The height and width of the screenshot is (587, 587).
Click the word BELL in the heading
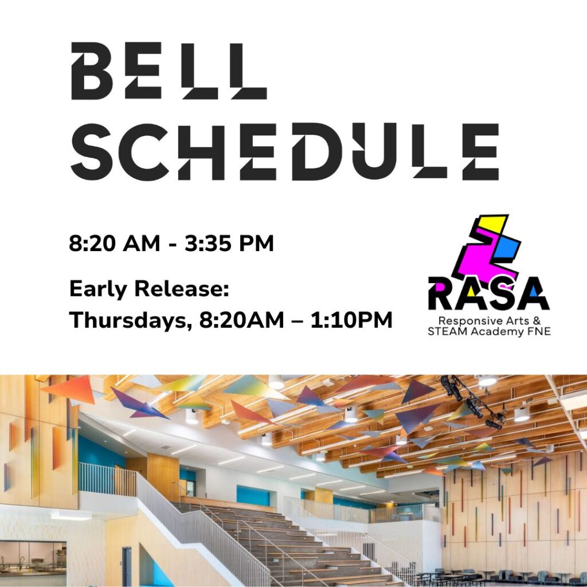pos(169,71)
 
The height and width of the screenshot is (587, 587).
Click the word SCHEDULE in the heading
pos(285,152)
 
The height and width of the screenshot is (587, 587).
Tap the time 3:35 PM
pos(229,243)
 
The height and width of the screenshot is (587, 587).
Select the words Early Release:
pos(149,289)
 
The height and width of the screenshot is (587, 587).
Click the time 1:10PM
pos(351,320)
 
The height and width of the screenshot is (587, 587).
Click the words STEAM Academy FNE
pos(489,332)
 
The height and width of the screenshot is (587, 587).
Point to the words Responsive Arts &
pos(490,321)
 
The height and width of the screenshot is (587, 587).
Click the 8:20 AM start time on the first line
pos(115,243)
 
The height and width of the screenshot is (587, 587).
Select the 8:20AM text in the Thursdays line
pos(241,320)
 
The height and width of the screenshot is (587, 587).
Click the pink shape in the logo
pos(483,259)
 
